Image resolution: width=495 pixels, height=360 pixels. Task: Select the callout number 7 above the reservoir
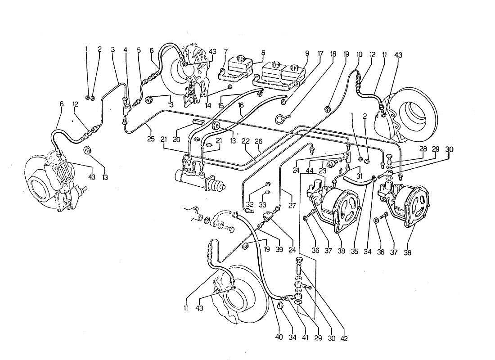[225, 52]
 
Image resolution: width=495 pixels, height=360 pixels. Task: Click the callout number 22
[245, 140]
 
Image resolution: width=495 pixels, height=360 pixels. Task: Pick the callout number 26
[258, 140]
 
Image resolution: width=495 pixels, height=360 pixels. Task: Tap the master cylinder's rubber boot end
[221, 185]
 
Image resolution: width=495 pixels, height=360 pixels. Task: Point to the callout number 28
[423, 149]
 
